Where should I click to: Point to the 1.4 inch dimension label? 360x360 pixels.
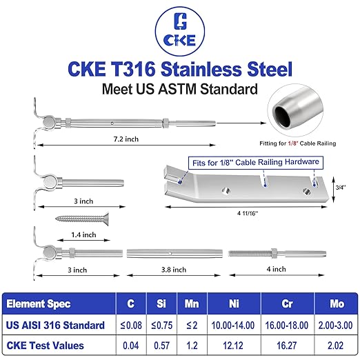tap(82, 234)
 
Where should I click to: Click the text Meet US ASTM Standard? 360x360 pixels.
tap(180, 89)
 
